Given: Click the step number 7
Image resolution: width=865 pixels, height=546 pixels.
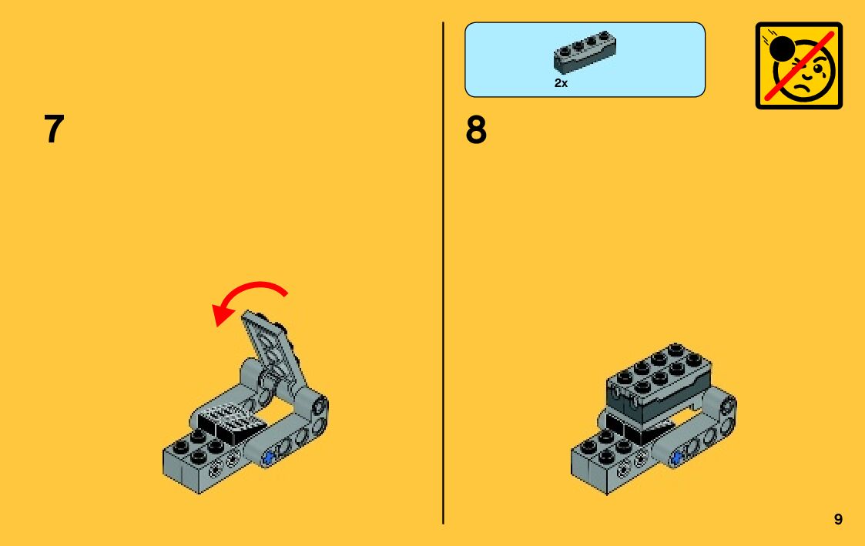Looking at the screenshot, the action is (54, 129).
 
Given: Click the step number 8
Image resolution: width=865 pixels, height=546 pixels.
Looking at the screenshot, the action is (476, 129).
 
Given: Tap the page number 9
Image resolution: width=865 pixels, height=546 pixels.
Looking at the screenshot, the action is (838, 519).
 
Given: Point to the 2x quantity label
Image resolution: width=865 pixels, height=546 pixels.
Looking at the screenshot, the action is (561, 82).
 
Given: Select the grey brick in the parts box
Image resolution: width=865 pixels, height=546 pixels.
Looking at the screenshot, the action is (585, 52).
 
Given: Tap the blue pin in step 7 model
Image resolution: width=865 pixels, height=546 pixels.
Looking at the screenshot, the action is (269, 457).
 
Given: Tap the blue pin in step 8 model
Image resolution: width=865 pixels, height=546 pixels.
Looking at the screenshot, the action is (676, 457).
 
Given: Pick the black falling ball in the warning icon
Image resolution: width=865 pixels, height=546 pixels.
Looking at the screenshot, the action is (781, 49).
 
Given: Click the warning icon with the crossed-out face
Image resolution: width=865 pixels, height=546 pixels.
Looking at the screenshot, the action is (799, 65).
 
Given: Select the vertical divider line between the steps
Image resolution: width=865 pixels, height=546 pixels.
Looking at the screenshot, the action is (443, 273).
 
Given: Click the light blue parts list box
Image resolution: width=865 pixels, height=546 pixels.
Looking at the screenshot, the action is (585, 59).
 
